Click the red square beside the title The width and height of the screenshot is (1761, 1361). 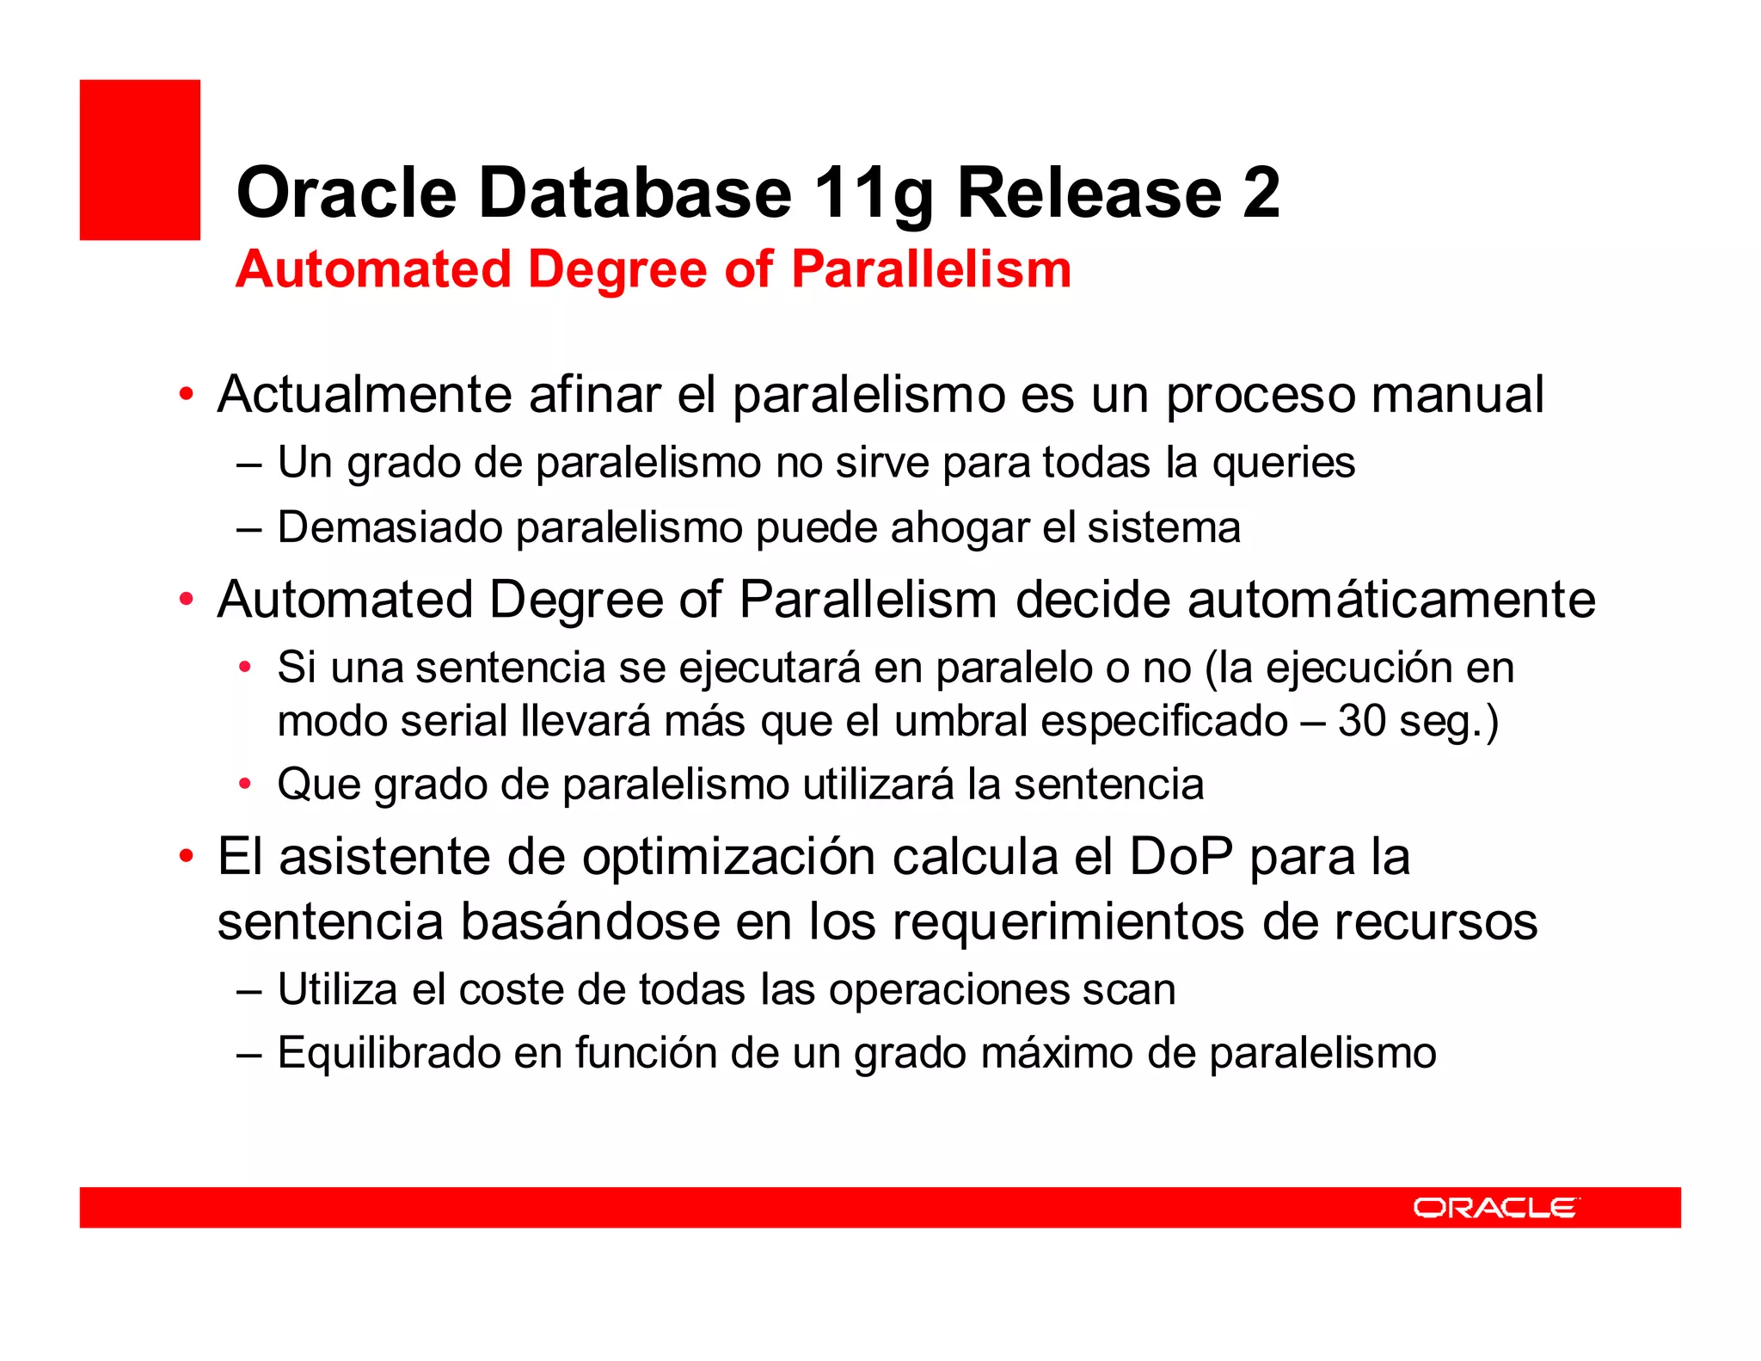click(x=139, y=159)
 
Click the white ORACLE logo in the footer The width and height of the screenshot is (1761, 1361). click(x=1495, y=1208)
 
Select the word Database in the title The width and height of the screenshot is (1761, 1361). click(x=634, y=193)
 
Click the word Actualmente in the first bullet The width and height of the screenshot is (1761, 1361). click(x=365, y=395)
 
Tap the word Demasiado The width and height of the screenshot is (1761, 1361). click(x=390, y=527)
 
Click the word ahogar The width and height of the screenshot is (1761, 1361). click(x=960, y=528)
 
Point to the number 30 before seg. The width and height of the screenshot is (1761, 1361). click(x=1362, y=721)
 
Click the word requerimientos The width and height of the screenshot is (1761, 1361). click(x=1069, y=921)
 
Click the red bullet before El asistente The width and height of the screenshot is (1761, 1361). click(x=186, y=857)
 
